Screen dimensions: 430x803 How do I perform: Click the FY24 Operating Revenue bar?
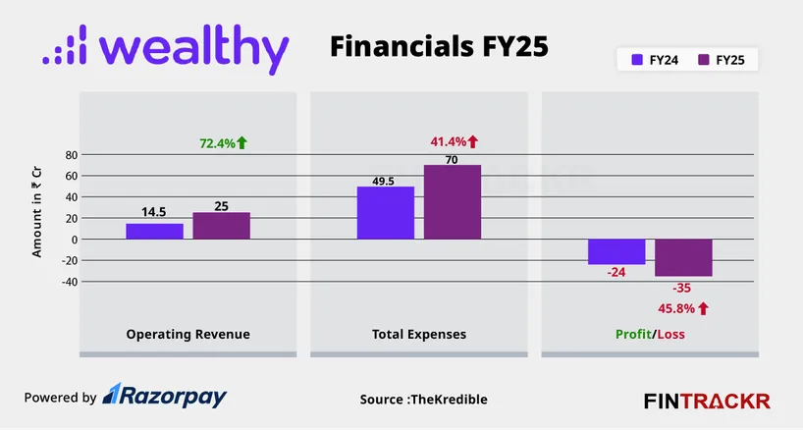(x=154, y=231)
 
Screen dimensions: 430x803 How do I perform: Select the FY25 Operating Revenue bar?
(x=221, y=226)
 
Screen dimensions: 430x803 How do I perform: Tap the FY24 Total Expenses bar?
(x=385, y=213)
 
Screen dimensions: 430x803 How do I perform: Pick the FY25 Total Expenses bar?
(x=453, y=202)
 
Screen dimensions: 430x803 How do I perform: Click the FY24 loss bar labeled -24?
(x=616, y=251)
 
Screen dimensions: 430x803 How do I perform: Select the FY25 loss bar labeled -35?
(x=683, y=257)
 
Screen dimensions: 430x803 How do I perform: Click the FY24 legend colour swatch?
(x=636, y=61)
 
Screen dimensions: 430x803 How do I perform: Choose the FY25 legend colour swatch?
(x=703, y=61)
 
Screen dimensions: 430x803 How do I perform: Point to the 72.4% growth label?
(x=223, y=143)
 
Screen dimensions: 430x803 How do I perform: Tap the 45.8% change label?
(x=682, y=308)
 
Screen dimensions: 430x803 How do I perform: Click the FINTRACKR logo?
(x=707, y=401)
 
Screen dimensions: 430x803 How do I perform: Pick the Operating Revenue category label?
(x=187, y=335)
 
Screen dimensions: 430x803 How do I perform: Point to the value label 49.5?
(x=385, y=181)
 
